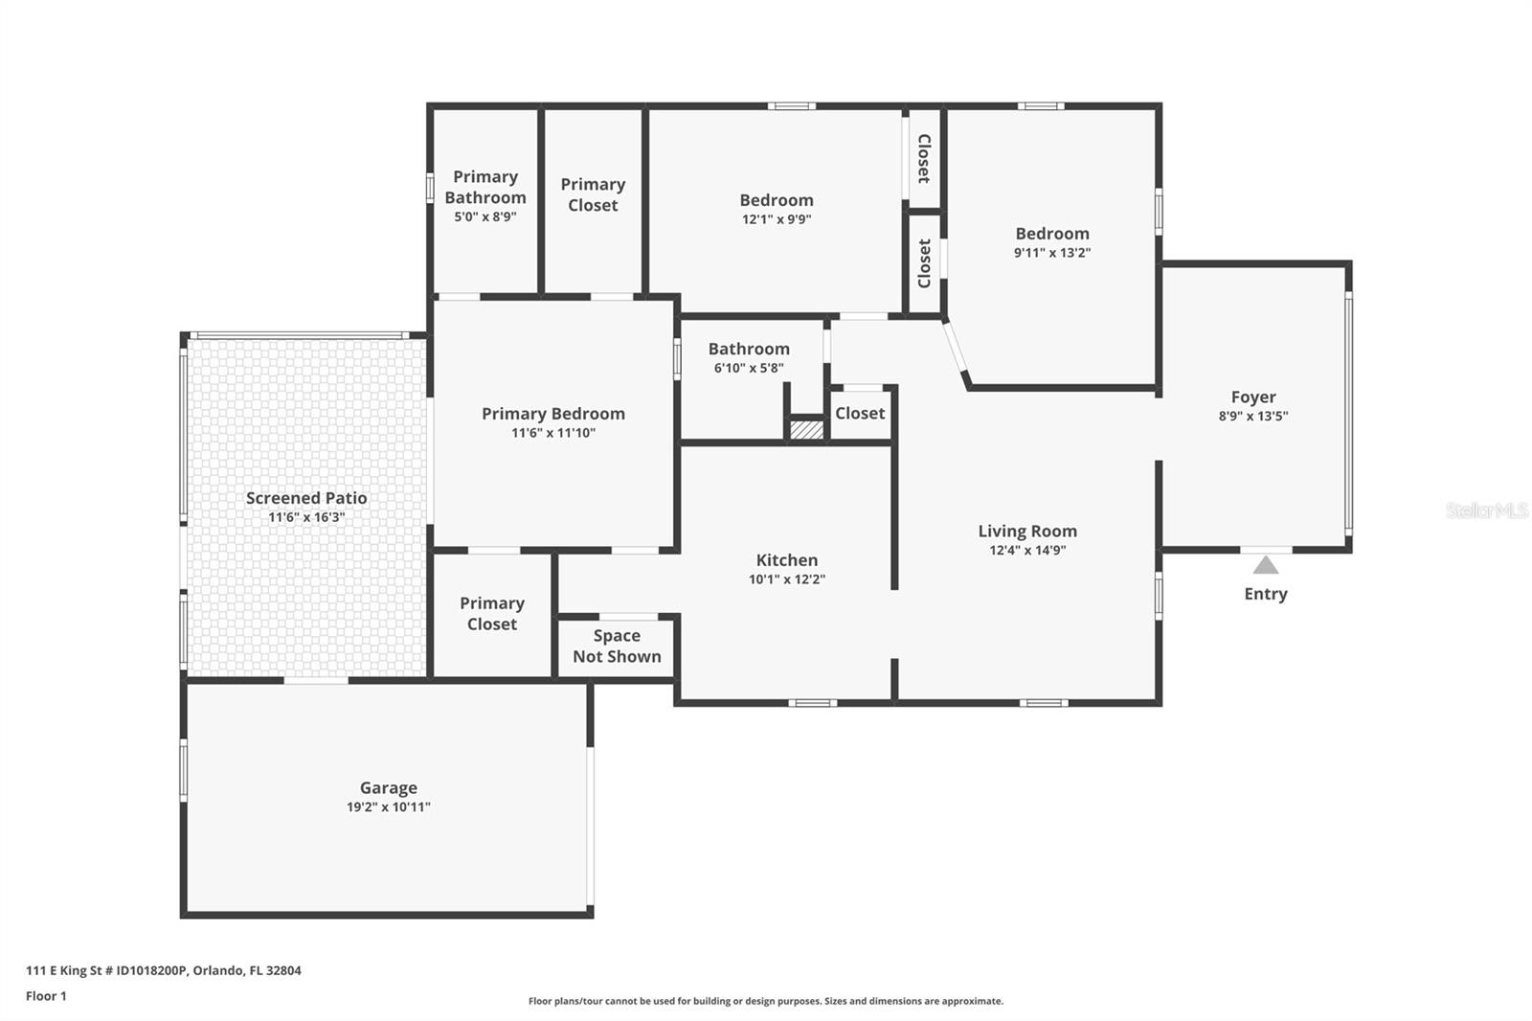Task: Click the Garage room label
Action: (388, 787)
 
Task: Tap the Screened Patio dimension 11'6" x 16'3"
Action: (306, 517)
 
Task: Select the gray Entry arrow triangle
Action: (1266, 565)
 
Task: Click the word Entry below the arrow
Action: (1266, 594)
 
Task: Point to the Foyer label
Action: (1253, 397)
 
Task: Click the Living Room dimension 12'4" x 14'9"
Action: (1027, 550)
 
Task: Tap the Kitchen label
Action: (787, 560)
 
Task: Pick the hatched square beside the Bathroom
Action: (806, 429)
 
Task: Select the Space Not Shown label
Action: (617, 647)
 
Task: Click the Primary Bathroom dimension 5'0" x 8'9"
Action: (484, 216)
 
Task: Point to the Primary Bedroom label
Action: (552, 413)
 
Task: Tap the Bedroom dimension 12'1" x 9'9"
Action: (777, 219)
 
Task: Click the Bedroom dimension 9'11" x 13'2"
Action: (1052, 253)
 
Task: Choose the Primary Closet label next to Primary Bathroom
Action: (593, 194)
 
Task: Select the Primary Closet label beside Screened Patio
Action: (492, 613)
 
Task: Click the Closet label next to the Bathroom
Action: (859, 413)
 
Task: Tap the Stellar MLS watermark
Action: (1486, 510)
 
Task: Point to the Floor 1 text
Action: (46, 996)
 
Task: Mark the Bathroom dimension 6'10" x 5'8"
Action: (749, 368)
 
